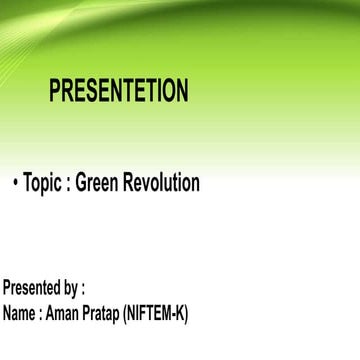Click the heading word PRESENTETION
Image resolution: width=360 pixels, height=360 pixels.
tap(118, 91)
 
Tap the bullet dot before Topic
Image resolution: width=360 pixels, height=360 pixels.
tap(16, 184)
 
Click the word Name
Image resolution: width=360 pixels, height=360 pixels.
tap(19, 313)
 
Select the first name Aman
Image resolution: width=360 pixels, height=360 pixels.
tap(61, 313)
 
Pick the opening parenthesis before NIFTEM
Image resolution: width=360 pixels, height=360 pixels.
tap(124, 314)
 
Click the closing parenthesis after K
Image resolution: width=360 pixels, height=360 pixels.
tap(185, 314)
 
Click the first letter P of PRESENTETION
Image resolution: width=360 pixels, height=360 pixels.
tap(55, 91)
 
